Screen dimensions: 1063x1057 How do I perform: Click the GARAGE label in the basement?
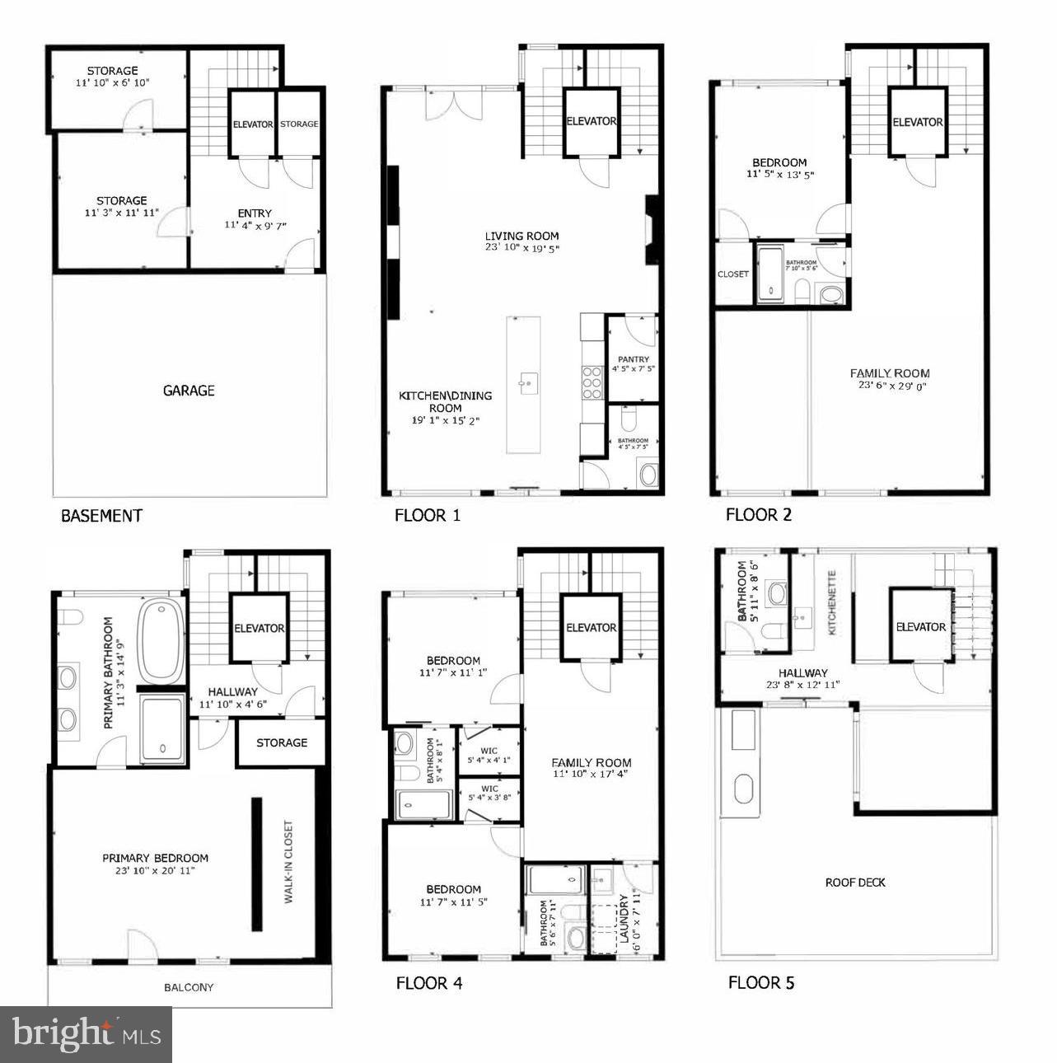click(x=189, y=391)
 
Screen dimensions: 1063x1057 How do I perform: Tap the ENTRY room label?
click(x=255, y=213)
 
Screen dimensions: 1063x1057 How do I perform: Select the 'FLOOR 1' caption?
click(x=428, y=516)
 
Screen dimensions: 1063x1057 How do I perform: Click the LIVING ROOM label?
click(x=521, y=236)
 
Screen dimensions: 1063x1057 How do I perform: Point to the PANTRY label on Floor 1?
click(x=633, y=359)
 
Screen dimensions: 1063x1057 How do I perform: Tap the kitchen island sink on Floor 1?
click(x=529, y=382)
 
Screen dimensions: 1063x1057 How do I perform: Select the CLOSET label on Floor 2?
click(x=733, y=274)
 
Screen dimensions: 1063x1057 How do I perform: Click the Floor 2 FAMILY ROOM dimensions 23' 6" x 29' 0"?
click(x=890, y=386)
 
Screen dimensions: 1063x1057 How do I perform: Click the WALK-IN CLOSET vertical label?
click(x=288, y=861)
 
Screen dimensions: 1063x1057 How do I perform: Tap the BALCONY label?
click(x=189, y=986)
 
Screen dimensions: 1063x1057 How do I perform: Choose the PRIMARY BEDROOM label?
click(x=155, y=858)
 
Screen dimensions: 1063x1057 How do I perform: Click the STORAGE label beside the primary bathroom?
click(x=281, y=742)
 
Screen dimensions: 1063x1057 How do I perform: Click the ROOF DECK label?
click(x=855, y=883)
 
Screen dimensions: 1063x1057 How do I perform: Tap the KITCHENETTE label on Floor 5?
click(x=832, y=602)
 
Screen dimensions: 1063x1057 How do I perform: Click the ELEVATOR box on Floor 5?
click(x=921, y=626)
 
